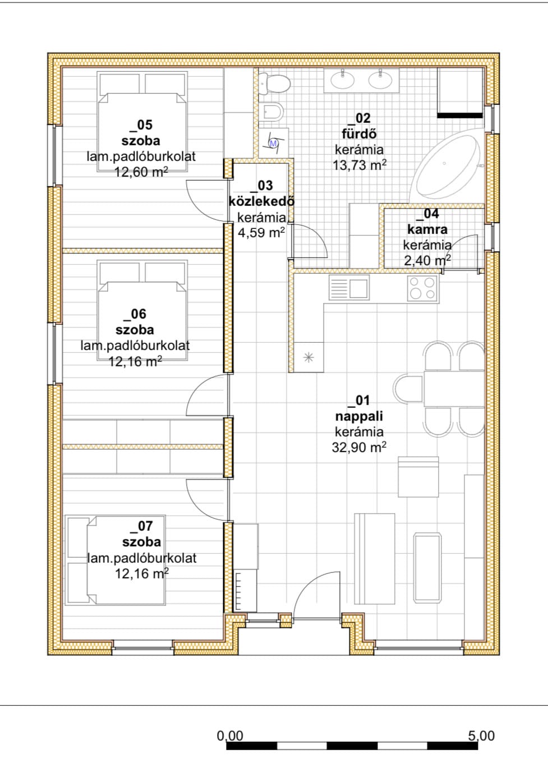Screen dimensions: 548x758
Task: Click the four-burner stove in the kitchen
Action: click(423, 288)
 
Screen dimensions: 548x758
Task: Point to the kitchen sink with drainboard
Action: click(349, 287)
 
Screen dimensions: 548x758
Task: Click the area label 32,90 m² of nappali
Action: click(359, 447)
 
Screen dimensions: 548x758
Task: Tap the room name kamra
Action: click(427, 229)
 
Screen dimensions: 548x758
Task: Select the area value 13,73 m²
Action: click(360, 165)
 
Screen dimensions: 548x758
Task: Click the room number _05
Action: click(141, 125)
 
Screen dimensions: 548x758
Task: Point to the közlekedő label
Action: click(261, 201)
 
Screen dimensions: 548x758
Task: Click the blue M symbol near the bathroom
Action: click(273, 143)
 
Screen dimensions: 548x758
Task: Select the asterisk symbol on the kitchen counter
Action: click(308, 357)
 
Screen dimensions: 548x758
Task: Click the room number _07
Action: click(142, 526)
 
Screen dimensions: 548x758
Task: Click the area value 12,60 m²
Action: click(141, 172)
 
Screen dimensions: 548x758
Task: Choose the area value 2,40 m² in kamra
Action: click(427, 260)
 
